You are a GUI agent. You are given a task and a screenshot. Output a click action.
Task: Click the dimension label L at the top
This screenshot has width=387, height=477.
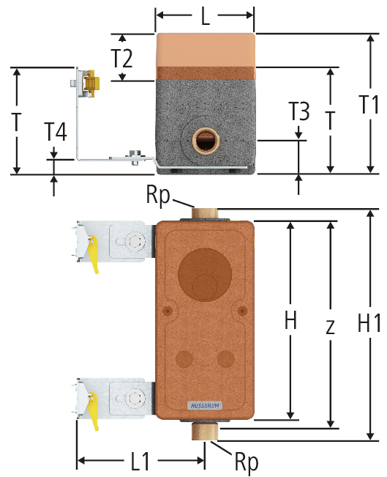point(206,16)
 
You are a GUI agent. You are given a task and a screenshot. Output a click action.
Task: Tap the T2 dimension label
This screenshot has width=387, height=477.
point(122,59)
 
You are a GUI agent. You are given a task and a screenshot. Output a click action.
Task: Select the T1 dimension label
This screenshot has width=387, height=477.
point(369,104)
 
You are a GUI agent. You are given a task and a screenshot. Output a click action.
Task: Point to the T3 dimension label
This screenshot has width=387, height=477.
point(299,111)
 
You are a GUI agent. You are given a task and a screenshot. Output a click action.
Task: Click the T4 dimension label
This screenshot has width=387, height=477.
point(56,132)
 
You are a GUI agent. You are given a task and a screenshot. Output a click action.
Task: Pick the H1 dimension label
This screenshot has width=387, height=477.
point(369,323)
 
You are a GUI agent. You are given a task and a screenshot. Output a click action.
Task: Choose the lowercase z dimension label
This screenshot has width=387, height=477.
point(330,326)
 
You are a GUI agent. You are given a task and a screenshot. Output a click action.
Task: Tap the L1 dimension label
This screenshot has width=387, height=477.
point(140,461)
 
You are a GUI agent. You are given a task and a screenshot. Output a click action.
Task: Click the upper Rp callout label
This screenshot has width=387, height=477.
point(158,196)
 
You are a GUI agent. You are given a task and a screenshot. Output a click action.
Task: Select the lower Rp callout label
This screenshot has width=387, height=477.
point(247,462)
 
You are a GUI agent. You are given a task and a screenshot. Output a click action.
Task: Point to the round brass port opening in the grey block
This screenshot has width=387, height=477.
point(203,140)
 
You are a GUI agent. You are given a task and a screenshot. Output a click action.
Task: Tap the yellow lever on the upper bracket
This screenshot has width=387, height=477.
point(92,254)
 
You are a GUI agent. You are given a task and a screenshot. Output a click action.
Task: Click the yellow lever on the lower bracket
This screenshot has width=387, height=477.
point(92,411)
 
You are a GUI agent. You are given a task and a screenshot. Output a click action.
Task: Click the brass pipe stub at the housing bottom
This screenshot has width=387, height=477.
point(204,431)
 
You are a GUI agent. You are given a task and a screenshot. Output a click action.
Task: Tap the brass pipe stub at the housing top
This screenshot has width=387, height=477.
point(204,213)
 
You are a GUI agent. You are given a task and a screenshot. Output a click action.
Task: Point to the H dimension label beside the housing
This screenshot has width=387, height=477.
point(290,319)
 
